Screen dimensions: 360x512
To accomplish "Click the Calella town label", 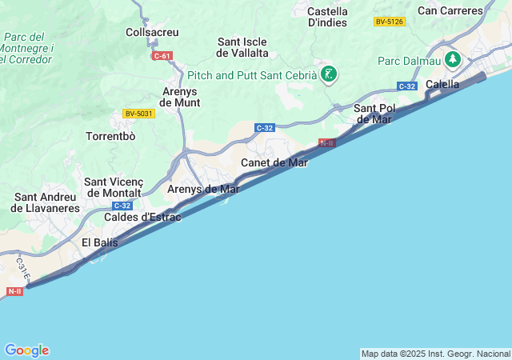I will click(442, 84).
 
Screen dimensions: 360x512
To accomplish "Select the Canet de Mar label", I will click(274, 162).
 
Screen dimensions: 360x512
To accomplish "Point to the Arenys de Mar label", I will click(203, 190).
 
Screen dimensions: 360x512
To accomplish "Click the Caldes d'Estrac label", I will click(142, 217).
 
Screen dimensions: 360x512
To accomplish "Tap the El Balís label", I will click(100, 242).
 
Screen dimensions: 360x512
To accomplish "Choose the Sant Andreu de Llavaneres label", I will click(46, 202).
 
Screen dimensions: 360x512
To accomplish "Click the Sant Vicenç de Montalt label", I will click(113, 187).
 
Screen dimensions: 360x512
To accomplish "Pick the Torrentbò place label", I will click(110, 136).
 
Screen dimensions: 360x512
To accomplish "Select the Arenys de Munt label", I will click(179, 97).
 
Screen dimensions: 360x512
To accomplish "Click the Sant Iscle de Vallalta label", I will click(242, 47).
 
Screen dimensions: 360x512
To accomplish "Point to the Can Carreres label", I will click(450, 10).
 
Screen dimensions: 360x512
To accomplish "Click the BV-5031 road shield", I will click(138, 114).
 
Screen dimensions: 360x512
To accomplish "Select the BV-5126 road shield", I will click(390, 22).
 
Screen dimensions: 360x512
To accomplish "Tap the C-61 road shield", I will click(162, 56).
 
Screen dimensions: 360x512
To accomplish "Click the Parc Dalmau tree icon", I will click(454, 60).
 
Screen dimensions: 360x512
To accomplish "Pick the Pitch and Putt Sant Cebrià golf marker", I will click(328, 75).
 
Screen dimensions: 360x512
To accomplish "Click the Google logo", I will click(26, 350).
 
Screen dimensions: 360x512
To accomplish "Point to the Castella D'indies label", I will click(327, 17).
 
